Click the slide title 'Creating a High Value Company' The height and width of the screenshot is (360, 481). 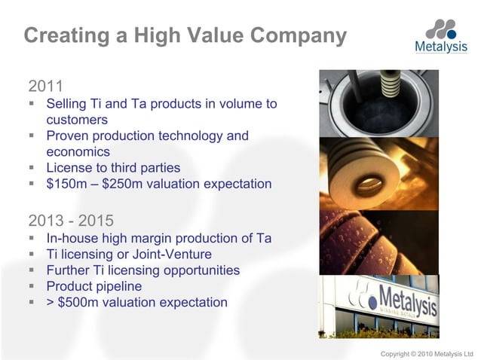(x=185, y=35)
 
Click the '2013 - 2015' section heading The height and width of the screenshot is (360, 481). (x=71, y=221)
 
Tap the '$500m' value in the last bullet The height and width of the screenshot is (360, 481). (x=78, y=303)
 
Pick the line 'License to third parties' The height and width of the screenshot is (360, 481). (x=113, y=167)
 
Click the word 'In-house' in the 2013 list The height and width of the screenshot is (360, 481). (x=72, y=239)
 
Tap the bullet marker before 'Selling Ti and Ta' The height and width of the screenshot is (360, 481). (x=33, y=104)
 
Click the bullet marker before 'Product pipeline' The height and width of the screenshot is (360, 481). (x=33, y=286)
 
